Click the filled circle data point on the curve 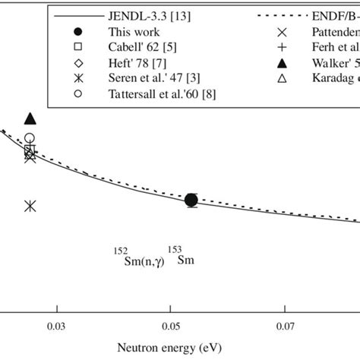point(191,200)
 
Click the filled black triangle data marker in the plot point(30,118)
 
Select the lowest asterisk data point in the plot point(30,206)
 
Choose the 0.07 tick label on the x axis point(285,326)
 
